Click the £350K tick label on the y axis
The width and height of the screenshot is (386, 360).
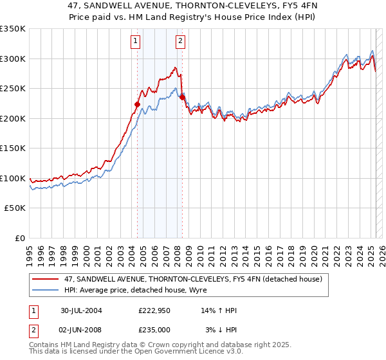pos(13,29)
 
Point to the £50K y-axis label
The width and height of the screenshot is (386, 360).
pos(15,208)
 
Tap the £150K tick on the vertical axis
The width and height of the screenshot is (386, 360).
pos(13,148)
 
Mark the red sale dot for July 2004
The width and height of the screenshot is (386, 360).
pos(137,104)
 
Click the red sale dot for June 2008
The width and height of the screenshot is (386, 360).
pos(181,97)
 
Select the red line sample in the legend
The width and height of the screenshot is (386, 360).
pos(46,279)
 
